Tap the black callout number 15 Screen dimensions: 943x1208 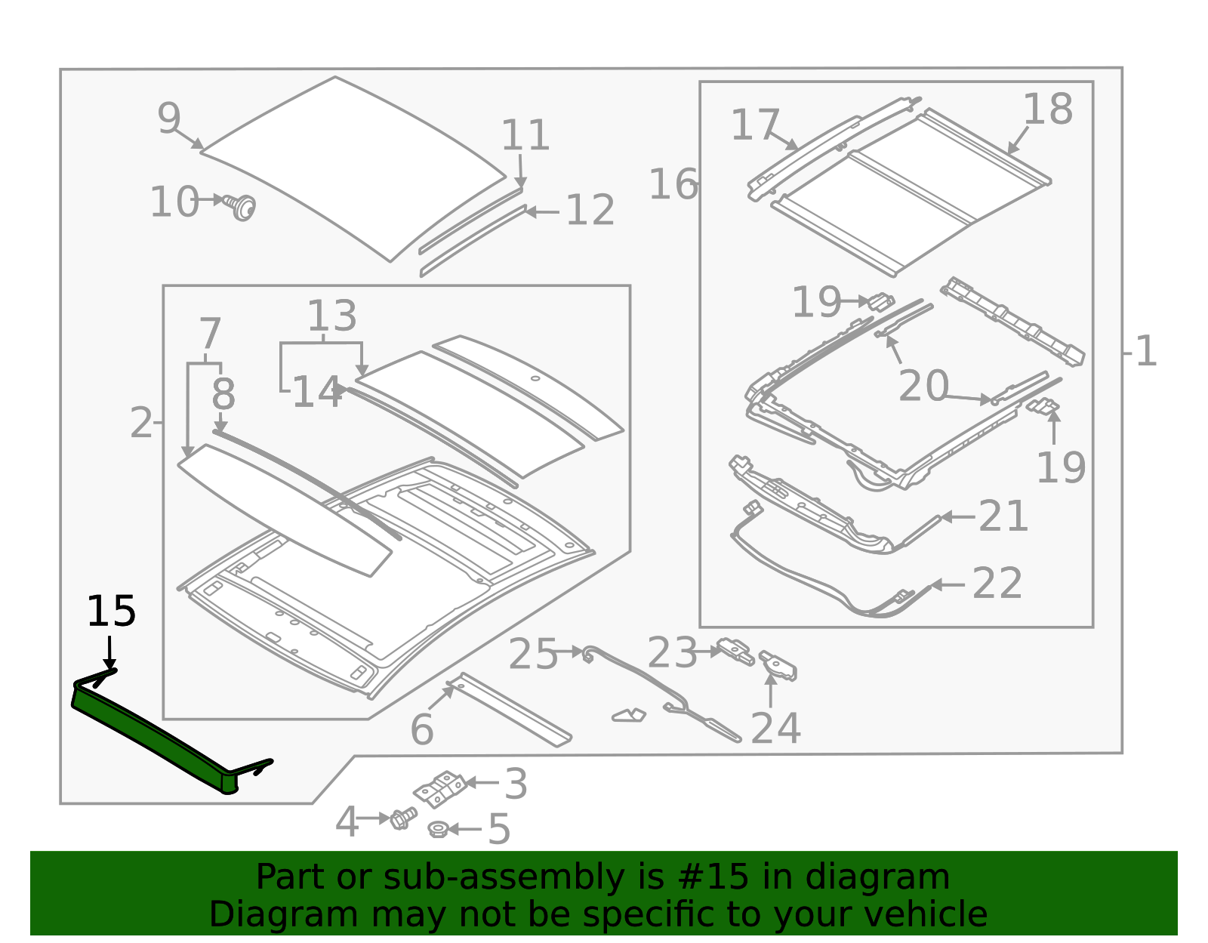tap(111, 612)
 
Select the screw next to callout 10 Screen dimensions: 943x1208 tap(242, 206)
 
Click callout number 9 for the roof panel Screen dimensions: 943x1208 tap(169, 119)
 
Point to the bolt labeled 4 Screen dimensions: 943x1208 tap(402, 818)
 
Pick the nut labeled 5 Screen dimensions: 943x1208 tap(436, 830)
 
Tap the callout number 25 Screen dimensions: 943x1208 tap(532, 654)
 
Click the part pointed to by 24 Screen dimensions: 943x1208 tap(780, 666)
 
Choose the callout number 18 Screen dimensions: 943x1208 tap(1047, 109)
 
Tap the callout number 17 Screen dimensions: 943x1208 tap(754, 125)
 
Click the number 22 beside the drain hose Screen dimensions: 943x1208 tap(997, 584)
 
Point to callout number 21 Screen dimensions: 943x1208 tap(1003, 516)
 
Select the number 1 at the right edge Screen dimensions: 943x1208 tap(1145, 352)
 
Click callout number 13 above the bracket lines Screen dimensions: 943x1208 tap(331, 316)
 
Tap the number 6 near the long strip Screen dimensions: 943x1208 tap(421, 729)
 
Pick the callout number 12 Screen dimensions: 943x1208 tap(590, 211)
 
